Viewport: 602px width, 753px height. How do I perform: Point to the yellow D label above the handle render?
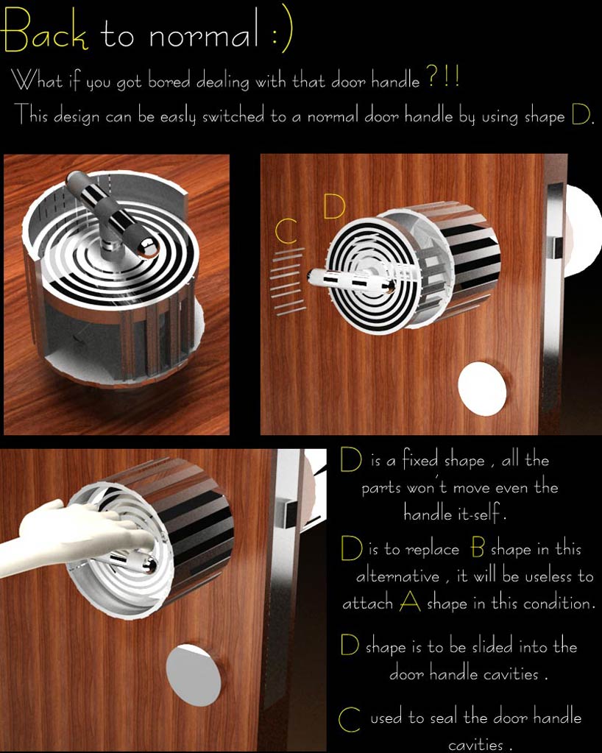(334, 206)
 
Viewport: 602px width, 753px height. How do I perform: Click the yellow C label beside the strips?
(286, 231)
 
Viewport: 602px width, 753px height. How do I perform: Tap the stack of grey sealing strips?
(288, 281)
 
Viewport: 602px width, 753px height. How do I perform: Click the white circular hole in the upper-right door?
(482, 388)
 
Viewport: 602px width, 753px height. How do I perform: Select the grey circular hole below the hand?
(194, 675)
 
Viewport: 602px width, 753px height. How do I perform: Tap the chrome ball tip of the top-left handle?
(149, 247)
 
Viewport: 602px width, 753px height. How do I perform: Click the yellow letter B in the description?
(477, 548)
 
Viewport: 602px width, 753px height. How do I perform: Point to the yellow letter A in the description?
(410, 601)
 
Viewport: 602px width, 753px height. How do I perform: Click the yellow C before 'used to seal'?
(350, 718)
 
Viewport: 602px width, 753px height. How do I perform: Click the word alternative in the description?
(397, 575)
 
